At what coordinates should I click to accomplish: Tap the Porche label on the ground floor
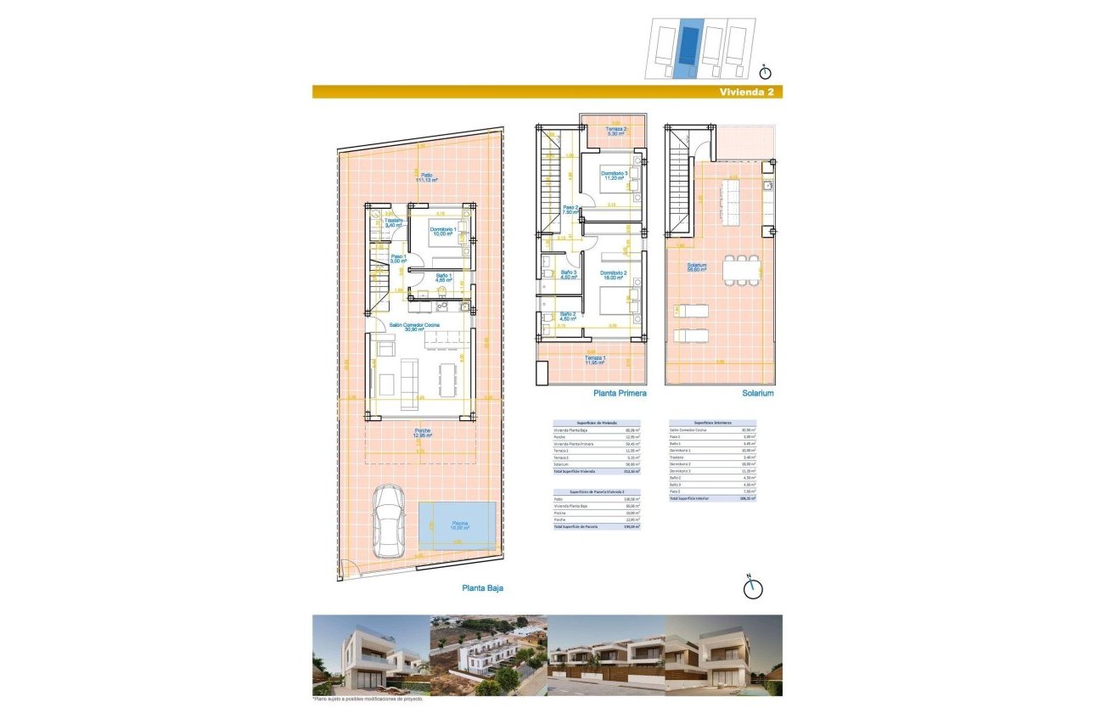422,433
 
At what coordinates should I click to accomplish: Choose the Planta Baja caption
488,587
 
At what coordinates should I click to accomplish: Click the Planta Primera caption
620,394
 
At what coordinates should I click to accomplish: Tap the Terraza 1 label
596,360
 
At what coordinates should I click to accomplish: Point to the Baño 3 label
569,274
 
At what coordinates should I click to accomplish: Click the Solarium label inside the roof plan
697,267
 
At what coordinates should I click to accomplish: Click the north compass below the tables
752,587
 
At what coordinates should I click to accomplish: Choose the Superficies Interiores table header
712,423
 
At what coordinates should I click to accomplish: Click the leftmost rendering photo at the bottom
371,654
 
